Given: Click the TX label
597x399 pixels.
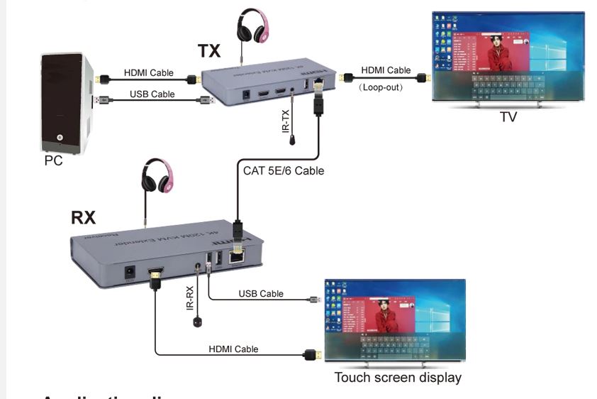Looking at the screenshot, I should click(x=210, y=50).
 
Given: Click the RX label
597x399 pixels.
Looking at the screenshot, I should click(x=84, y=217).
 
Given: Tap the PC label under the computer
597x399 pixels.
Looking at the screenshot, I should click(x=53, y=161).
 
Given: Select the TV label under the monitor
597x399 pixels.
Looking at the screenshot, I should click(x=508, y=117).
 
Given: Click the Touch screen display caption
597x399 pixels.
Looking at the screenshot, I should click(x=398, y=378).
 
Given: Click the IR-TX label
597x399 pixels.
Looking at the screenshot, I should click(x=286, y=119).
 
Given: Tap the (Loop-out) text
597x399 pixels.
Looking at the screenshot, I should click(x=380, y=87).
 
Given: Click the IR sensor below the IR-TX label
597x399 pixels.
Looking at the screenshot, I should click(x=292, y=141).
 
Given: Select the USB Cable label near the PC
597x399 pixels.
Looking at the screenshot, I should click(x=152, y=94).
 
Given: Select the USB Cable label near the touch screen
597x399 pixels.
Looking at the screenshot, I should click(x=261, y=293).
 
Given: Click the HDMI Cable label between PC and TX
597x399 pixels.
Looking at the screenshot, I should click(x=147, y=72).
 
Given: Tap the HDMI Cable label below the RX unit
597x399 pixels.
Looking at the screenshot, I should click(x=233, y=349).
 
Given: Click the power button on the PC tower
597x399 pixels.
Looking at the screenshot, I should click(x=60, y=138).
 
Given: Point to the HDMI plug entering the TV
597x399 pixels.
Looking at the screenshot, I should click(x=423, y=77).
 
